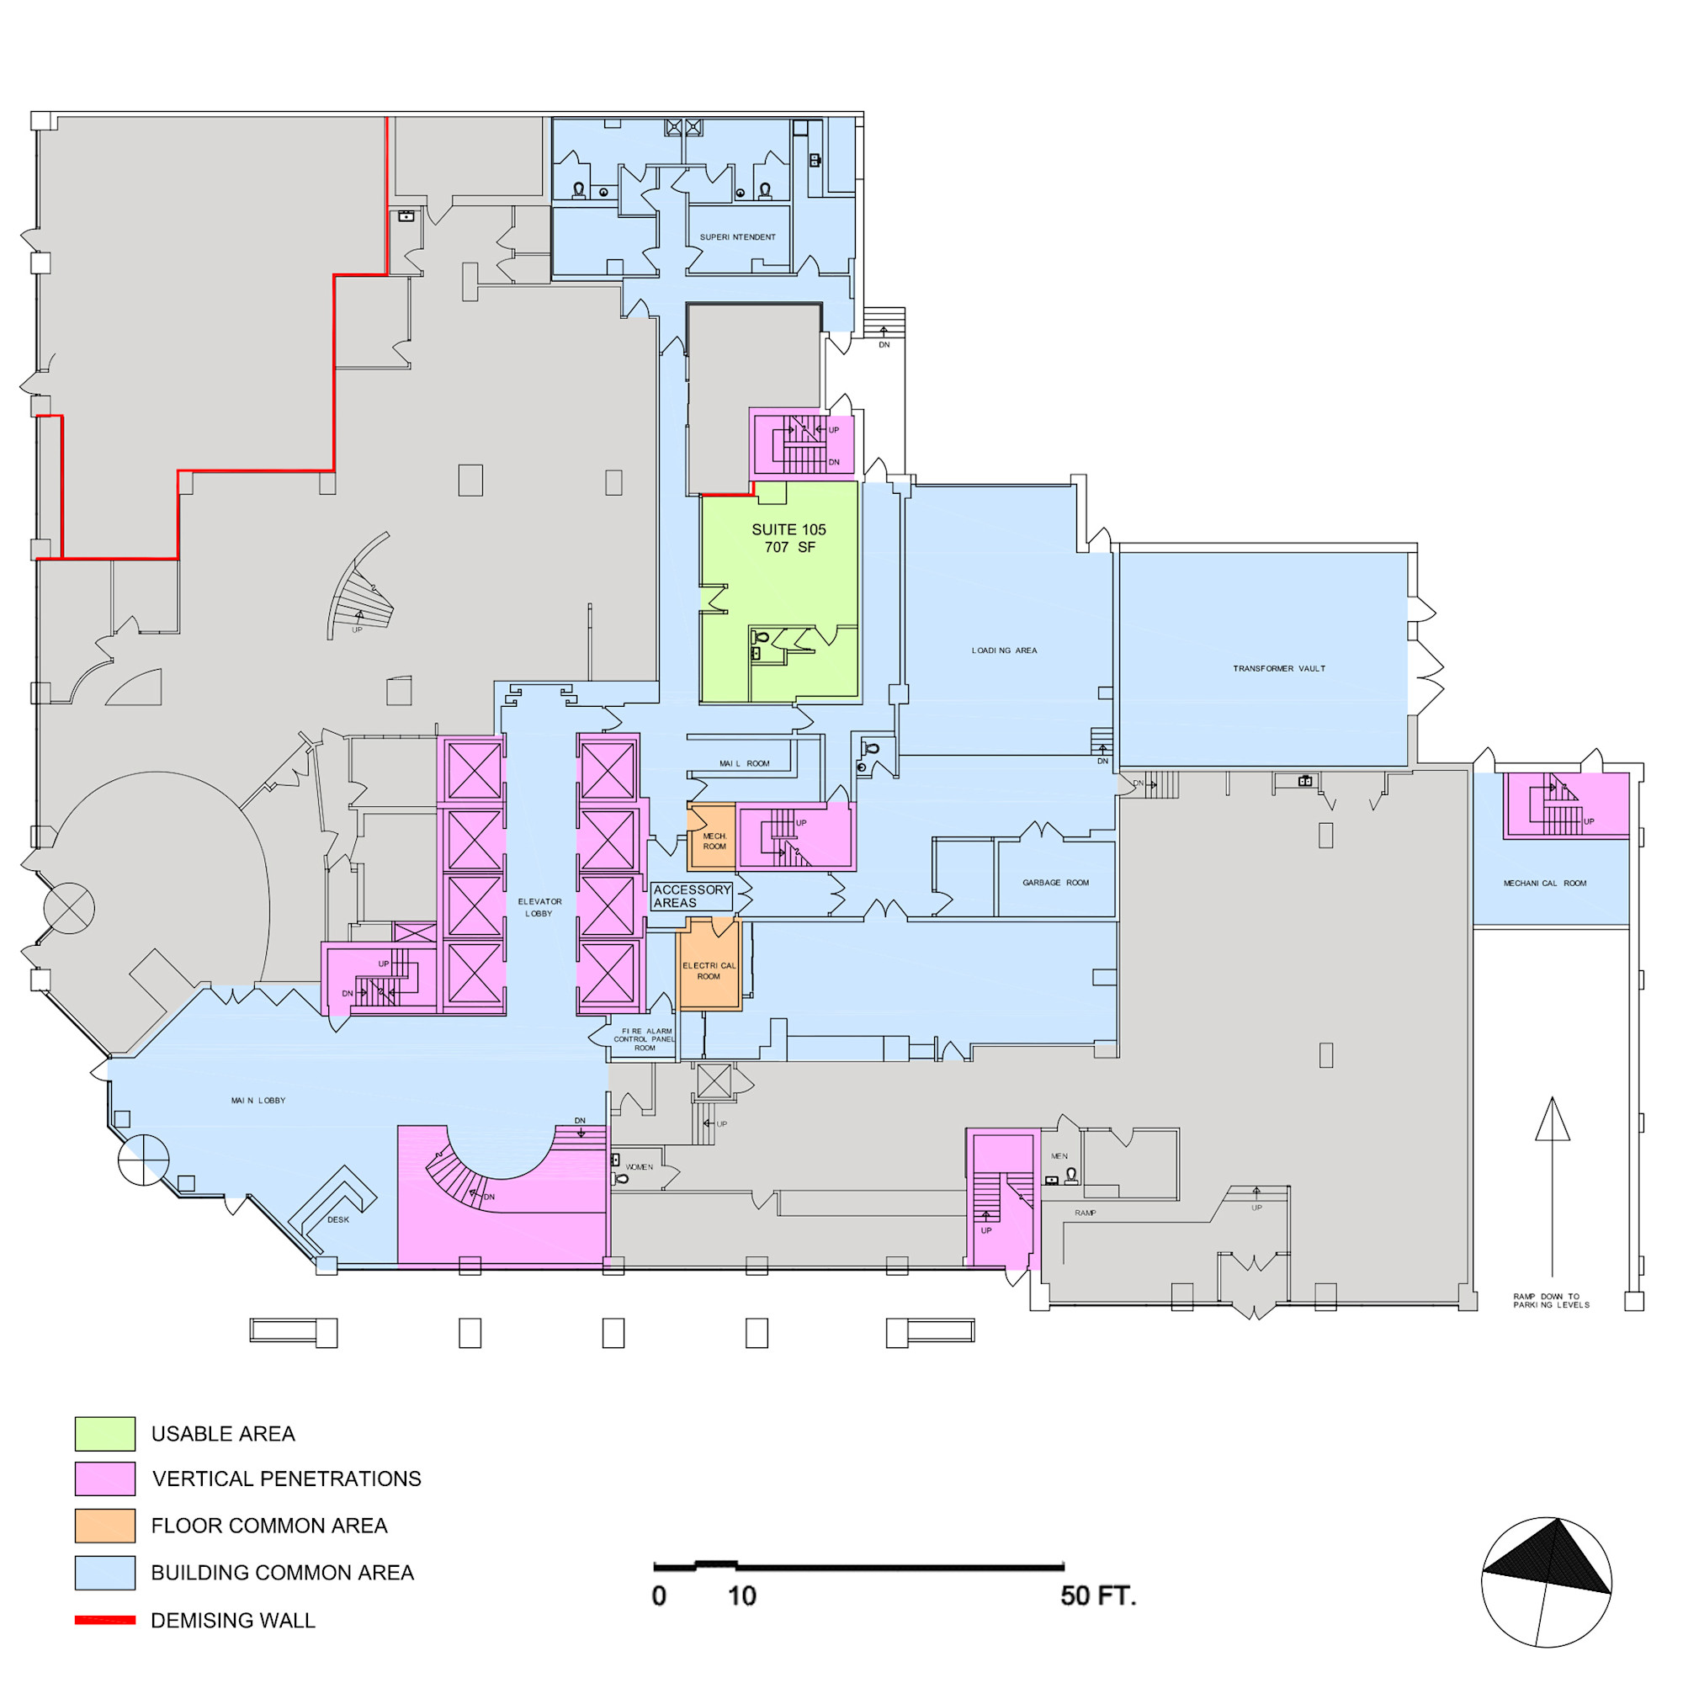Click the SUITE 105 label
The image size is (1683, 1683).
point(788,529)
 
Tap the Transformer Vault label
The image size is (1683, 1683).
point(1279,669)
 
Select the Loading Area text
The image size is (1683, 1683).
point(1005,650)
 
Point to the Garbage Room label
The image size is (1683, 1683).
point(1056,883)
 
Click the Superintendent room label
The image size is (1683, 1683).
point(738,237)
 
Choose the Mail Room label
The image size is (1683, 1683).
point(744,764)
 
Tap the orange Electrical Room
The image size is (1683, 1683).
point(709,965)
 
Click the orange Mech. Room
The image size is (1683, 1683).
point(712,838)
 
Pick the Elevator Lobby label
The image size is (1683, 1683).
point(539,908)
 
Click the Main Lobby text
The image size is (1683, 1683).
point(257,1100)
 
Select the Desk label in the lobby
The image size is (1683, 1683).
point(338,1219)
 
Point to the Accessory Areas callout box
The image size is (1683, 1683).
point(692,896)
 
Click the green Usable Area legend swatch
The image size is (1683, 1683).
point(104,1434)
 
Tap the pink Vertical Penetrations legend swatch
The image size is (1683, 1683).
point(104,1479)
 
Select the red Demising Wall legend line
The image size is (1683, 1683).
point(104,1620)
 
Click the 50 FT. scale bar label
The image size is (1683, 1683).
point(1097,1595)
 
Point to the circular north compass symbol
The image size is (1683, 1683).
point(1546,1582)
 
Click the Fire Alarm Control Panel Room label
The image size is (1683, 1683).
point(645,1039)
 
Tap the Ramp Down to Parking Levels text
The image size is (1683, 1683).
point(1552,1301)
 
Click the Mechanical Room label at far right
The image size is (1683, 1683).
point(1544,884)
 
